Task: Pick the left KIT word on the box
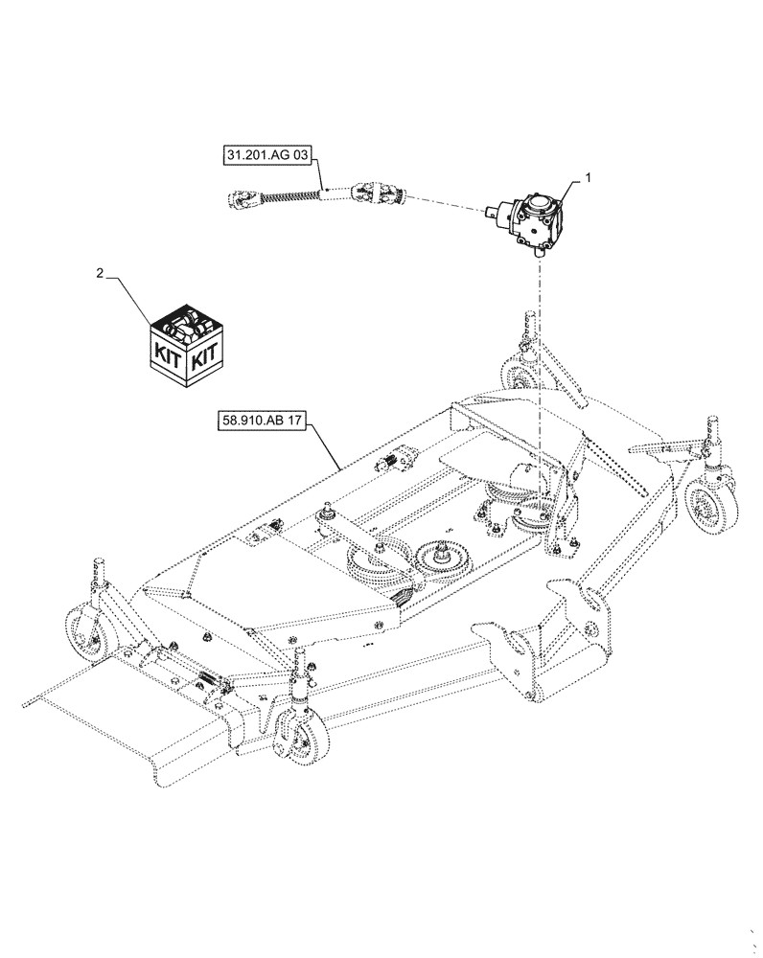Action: tap(169, 358)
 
